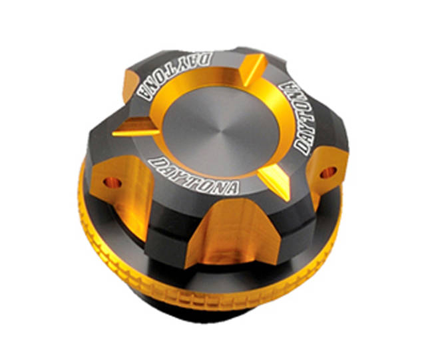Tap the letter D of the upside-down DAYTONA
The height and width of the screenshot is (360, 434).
(x=206, y=58)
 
